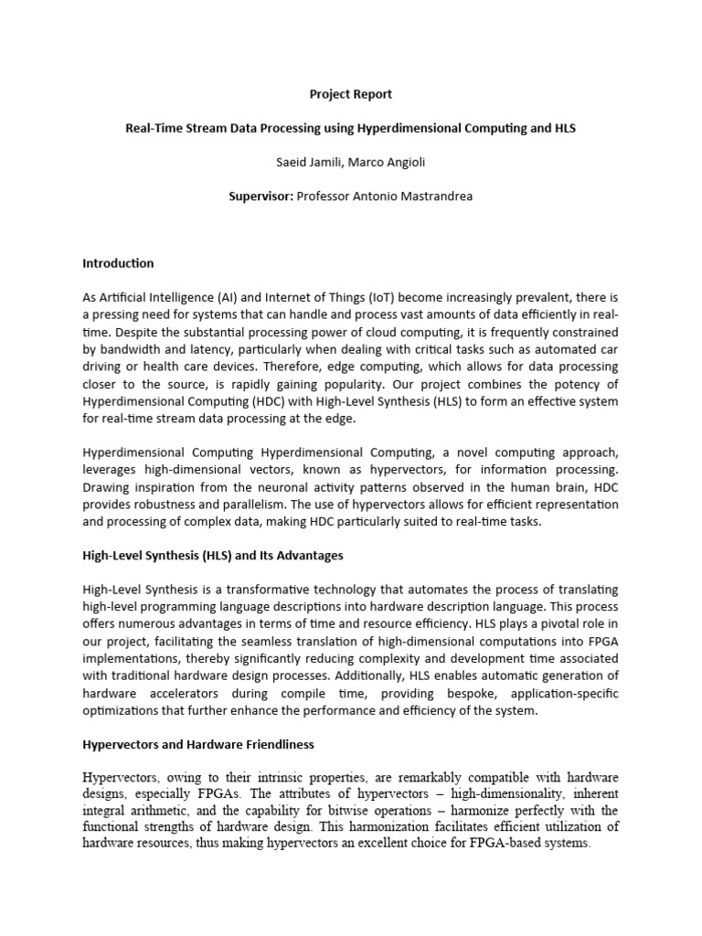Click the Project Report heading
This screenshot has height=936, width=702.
[351, 94]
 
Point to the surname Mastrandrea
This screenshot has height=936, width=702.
[437, 196]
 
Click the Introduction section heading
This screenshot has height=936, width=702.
[118, 263]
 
